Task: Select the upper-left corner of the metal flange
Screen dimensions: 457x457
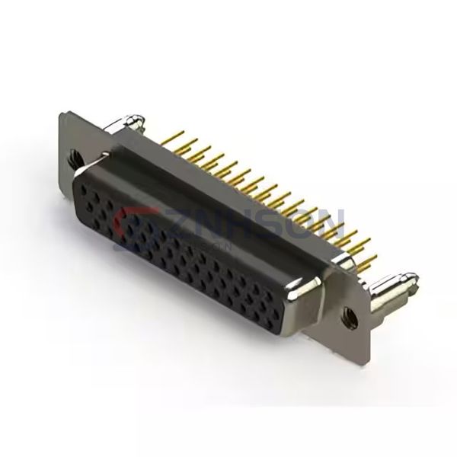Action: click(x=62, y=114)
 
